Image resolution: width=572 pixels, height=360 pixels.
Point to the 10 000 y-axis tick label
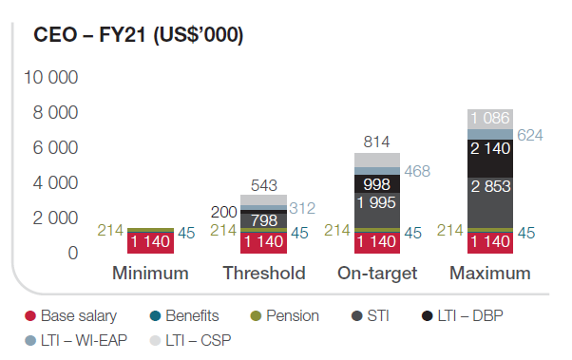(x=50, y=77)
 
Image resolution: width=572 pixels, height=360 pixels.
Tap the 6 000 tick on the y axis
(x=55, y=148)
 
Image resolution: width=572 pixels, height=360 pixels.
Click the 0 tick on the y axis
(x=73, y=253)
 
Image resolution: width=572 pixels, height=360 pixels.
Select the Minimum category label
(x=150, y=274)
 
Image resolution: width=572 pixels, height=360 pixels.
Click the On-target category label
(x=377, y=274)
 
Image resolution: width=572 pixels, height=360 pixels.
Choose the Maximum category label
(x=490, y=274)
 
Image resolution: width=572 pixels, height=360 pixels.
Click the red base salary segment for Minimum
(x=150, y=243)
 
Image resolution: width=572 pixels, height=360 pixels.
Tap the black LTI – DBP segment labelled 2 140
(x=490, y=159)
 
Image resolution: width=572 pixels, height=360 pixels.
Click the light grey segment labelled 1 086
(x=490, y=119)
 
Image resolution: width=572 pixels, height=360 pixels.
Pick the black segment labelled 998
(x=377, y=184)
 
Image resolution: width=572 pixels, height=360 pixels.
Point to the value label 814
(x=376, y=142)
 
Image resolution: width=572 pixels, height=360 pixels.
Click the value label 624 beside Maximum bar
(x=530, y=135)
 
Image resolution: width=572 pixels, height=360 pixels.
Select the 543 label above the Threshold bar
(x=264, y=185)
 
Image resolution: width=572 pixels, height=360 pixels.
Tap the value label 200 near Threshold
(x=224, y=212)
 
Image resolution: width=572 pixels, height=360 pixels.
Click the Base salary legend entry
(x=70, y=316)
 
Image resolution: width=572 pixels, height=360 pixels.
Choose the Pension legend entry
(x=284, y=316)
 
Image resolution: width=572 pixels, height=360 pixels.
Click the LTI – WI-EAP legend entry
(x=76, y=341)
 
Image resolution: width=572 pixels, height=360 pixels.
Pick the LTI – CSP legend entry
(x=190, y=341)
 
